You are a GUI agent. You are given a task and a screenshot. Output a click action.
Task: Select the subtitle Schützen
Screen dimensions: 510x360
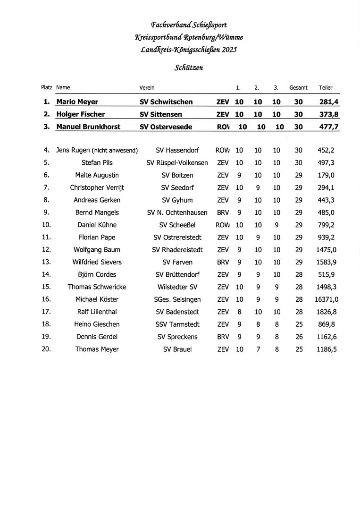point(189,68)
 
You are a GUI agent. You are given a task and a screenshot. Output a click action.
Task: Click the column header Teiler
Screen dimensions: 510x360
point(326,88)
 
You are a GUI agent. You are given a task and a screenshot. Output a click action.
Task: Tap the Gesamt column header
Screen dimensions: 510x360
point(298,88)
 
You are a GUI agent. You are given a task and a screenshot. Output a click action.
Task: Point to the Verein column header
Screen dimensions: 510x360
point(147,88)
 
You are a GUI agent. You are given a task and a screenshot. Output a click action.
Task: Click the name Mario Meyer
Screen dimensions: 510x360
point(77,102)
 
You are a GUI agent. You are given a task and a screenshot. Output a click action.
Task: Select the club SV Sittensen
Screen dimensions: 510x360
point(161,114)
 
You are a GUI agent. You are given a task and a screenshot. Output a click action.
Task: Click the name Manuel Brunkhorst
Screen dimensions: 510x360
point(88,127)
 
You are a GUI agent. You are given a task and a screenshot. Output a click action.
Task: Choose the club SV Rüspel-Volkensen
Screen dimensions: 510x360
point(177,163)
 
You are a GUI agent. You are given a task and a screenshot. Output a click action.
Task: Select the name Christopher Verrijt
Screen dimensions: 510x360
point(97,187)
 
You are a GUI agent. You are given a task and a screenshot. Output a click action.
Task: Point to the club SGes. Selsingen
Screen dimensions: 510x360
point(177,299)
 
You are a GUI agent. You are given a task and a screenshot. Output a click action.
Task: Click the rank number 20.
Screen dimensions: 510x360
point(46,349)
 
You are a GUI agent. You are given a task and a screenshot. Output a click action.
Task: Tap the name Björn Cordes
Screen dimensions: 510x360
point(97,275)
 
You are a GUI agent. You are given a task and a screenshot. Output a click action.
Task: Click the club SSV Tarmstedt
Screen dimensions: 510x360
point(177,324)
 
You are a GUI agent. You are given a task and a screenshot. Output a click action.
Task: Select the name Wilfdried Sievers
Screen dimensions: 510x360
point(97,262)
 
